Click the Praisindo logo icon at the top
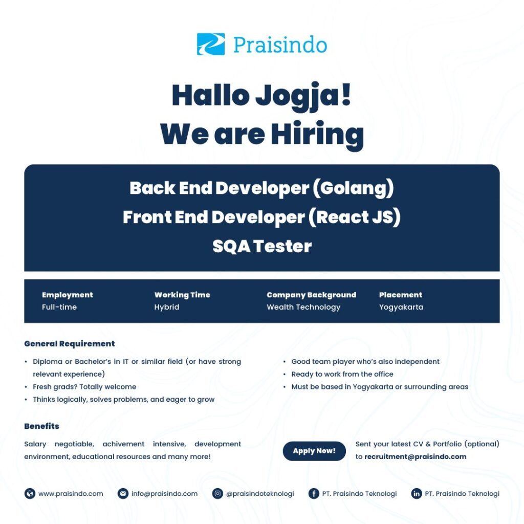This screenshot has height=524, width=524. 210,44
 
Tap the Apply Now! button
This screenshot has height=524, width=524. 314,451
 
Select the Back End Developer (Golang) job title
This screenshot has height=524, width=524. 261,188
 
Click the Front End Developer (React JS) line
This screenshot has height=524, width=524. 261,217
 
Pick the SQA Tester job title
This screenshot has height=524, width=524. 262,246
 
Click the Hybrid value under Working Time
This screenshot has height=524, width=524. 166,307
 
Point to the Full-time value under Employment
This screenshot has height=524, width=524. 59,307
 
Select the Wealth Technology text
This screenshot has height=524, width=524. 303,307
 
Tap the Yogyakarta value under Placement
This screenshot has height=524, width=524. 401,307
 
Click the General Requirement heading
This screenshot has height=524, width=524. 70,343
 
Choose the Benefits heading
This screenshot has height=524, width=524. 42,426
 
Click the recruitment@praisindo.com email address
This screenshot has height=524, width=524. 415,456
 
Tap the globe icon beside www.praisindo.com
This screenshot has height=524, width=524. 30,494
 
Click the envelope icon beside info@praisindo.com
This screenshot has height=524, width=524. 123,494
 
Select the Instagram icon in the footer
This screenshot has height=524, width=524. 217,494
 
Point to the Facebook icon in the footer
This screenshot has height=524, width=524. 314,494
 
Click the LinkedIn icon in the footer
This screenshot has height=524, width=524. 417,494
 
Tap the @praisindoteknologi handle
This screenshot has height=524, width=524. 260,494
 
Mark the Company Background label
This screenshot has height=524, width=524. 312,295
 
